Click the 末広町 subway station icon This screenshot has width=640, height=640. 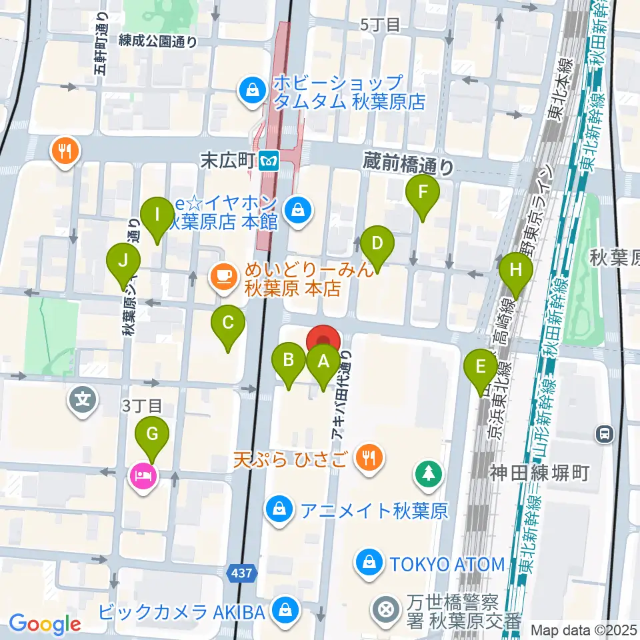click(x=269, y=160)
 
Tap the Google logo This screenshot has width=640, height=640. click(x=45, y=623)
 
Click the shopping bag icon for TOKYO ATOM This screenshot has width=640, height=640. click(x=368, y=563)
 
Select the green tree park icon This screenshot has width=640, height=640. click(x=427, y=475)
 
